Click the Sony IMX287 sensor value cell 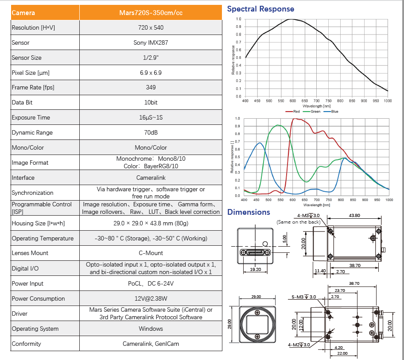[151, 43]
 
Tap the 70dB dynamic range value [151, 132]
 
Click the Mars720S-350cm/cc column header [151, 13]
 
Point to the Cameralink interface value [151, 178]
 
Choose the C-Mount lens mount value [151, 253]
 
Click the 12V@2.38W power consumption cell [151, 298]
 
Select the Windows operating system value [151, 329]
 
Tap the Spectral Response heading [260, 9]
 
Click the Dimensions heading [249, 212]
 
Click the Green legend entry [314, 112]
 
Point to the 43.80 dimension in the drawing [354, 216]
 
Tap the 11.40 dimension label [319, 271]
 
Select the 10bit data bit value [151, 102]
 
